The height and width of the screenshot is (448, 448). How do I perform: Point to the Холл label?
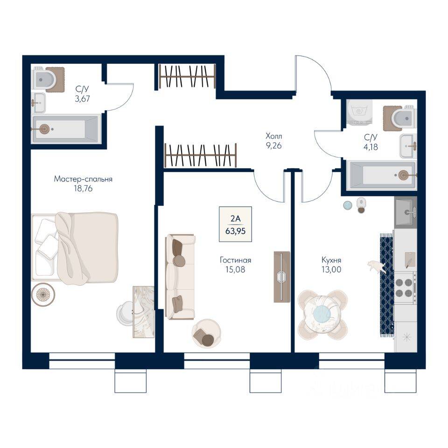point(274,136)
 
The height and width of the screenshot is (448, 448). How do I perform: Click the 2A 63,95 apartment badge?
point(235,224)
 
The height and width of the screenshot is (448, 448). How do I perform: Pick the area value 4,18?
point(371,146)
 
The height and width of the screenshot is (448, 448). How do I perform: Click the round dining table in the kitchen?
point(322,313)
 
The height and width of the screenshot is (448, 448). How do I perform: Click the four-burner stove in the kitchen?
point(405,287)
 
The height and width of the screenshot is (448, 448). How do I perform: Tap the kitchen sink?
point(405,212)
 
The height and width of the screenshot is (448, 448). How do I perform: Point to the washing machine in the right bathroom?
point(359,112)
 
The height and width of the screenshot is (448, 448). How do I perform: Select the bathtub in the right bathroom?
point(381,175)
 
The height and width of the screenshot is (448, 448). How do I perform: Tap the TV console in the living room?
point(281,276)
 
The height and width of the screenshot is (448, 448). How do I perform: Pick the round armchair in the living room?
point(206,333)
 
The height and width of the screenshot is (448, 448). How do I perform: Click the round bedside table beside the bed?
point(43,294)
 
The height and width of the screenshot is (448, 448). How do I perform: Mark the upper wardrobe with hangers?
point(187,76)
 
